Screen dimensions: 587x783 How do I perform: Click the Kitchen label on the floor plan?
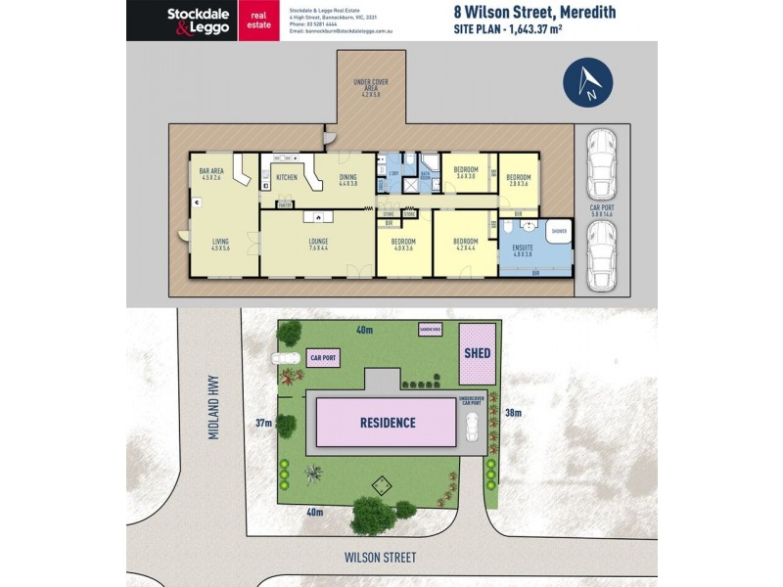[287, 177]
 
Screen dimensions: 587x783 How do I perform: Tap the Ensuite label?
[522, 249]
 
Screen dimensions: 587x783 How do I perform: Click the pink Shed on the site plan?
[478, 353]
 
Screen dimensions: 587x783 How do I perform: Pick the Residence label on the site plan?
[387, 424]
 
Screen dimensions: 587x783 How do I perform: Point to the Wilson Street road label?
[380, 558]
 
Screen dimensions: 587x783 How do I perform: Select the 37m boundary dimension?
[263, 423]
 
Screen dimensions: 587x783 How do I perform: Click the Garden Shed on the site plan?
[431, 330]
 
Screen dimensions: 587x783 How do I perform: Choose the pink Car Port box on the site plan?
[323, 359]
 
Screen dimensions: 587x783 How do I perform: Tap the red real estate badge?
[259, 21]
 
